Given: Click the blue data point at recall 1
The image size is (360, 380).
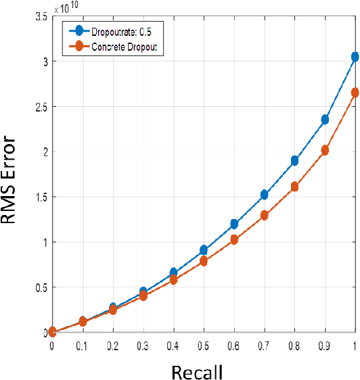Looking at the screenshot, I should click(355, 57).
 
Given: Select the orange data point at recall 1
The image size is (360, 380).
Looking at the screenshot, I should click(355, 93).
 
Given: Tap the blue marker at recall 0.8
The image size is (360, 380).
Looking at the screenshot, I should click(294, 161).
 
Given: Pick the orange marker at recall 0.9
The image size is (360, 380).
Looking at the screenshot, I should click(325, 150).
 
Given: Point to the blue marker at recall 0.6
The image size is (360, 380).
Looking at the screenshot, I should click(234, 224).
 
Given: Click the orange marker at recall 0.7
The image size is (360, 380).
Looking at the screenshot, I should click(265, 215).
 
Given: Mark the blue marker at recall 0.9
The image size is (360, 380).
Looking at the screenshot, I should click(325, 119).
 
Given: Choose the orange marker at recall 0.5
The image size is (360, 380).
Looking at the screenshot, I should click(204, 261).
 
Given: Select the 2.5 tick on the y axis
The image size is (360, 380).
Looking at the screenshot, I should click(40, 107).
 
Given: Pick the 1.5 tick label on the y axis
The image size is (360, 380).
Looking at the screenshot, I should click(40, 197).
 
